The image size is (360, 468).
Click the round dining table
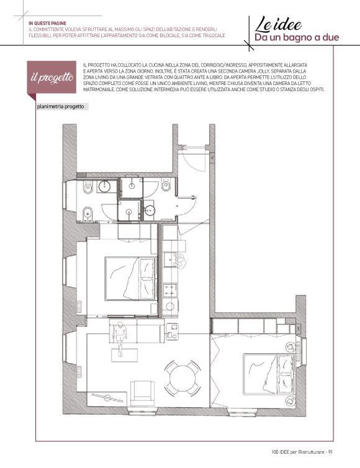(182, 378)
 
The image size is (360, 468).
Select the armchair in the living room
(143, 393)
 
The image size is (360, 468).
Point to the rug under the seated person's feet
(125, 356)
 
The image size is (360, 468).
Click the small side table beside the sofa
(172, 331)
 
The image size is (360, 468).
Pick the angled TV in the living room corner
(107, 398)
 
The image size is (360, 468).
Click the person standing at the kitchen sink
(180, 261)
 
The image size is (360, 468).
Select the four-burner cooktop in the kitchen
(170, 290)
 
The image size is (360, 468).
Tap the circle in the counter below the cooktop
(170, 306)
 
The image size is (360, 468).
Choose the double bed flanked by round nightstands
(269, 374)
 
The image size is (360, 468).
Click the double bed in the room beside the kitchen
(131, 279)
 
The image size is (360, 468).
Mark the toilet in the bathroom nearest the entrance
(166, 185)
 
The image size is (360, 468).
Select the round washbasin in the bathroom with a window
(104, 186)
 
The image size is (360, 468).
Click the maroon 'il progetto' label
(52, 77)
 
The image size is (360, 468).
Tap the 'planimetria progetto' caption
(60, 107)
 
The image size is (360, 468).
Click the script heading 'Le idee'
(278, 24)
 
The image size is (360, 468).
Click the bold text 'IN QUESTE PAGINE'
(47, 24)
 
